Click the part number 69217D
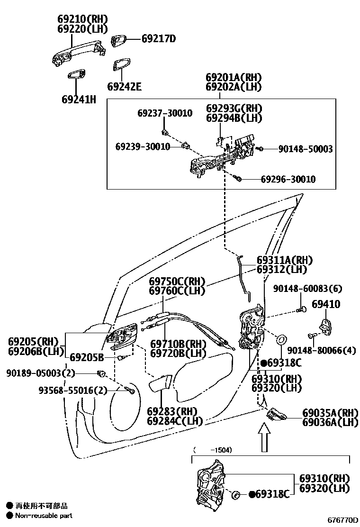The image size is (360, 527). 158,39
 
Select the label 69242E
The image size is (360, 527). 124,87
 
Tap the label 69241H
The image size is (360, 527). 79,100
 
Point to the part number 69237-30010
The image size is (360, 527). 165,113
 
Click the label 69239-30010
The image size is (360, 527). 143,147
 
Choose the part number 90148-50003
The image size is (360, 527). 305,149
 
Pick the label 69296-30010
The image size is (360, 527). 288,180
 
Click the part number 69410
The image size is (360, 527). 326,304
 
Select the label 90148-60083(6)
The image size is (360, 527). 307,289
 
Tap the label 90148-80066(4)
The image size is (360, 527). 321,350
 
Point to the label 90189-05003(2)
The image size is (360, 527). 41,373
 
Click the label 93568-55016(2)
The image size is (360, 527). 73,391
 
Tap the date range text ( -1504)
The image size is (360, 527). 212,450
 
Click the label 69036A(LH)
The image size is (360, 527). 330,422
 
